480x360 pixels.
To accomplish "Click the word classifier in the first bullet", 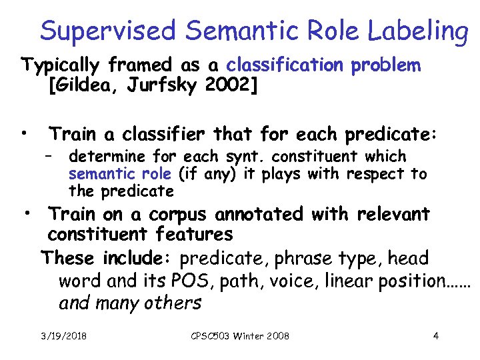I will [x=176, y=135].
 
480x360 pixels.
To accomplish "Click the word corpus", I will [x=179, y=215].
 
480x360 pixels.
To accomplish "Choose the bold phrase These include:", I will [x=107, y=258].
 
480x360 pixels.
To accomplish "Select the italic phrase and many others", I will [x=130, y=303].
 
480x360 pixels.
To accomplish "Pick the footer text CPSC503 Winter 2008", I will [x=240, y=336].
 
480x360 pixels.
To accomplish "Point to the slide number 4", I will [x=435, y=336].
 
